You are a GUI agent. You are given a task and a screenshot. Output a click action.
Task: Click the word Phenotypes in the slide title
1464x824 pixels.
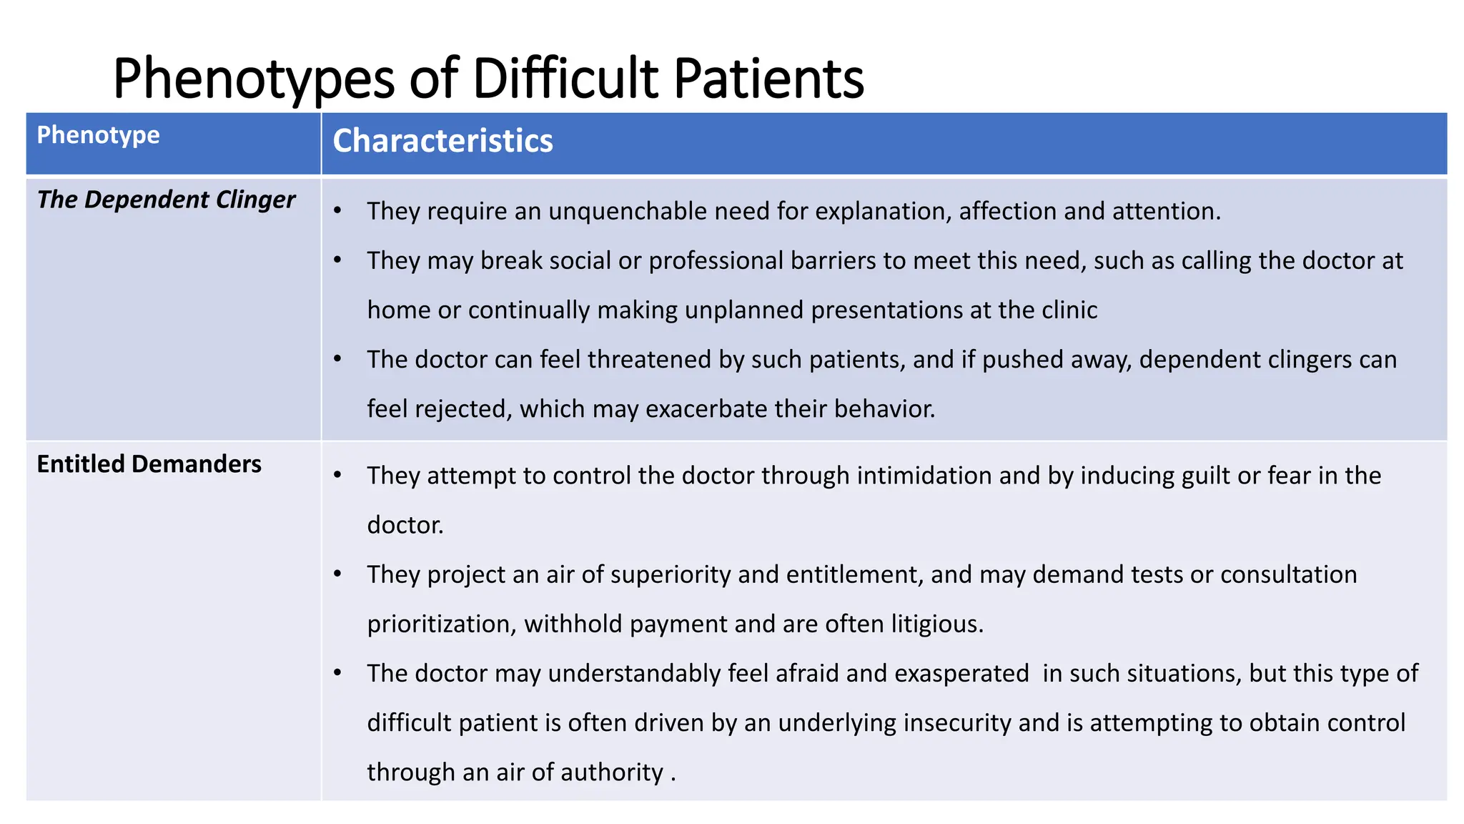253,79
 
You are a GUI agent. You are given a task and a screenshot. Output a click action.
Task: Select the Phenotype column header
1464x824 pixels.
99,135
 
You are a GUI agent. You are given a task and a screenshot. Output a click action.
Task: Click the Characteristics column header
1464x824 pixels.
442,141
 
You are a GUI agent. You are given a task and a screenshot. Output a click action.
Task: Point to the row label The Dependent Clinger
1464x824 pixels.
166,200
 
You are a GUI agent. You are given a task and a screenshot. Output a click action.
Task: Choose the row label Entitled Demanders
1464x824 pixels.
149,464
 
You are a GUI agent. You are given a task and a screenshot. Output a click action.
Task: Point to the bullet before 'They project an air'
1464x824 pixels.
337,574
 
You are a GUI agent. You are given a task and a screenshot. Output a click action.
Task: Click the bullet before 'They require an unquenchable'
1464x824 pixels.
337,210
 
